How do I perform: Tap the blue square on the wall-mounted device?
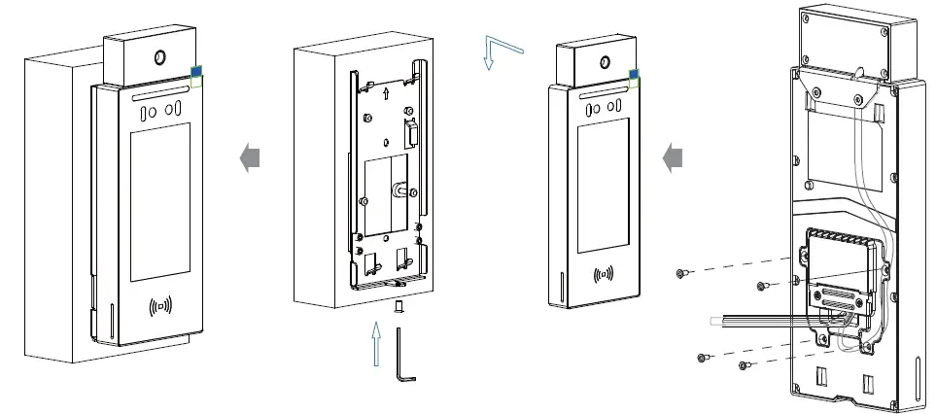(x=195, y=71)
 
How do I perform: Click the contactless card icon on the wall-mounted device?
(x=161, y=308)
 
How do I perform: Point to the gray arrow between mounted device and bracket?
(x=251, y=156)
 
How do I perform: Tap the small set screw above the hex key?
(x=397, y=308)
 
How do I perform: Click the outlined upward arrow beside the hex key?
(x=376, y=347)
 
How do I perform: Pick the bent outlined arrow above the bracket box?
(x=503, y=52)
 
